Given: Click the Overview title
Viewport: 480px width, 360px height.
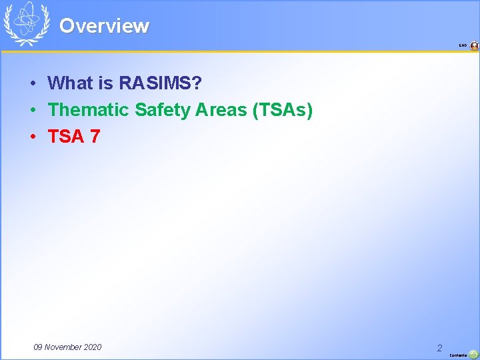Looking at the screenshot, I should (x=104, y=26).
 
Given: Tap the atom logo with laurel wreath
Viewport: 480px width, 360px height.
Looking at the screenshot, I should (x=27, y=23).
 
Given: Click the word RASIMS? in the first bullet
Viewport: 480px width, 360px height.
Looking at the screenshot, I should (x=161, y=83).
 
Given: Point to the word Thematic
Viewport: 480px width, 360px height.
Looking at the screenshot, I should (x=89, y=110).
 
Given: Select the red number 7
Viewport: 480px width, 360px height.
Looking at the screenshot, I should (x=95, y=137).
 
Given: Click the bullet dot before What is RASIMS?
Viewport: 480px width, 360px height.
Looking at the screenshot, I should (x=32, y=84).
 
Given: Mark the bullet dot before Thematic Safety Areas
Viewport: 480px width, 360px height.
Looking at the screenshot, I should (x=32, y=111).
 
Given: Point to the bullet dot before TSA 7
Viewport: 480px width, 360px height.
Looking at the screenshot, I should (x=32, y=137).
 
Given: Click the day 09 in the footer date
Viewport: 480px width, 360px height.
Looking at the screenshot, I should (x=39, y=347).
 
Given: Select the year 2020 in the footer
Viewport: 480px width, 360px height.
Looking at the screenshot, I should (x=93, y=347).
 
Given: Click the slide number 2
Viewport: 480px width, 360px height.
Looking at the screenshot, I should (x=439, y=348).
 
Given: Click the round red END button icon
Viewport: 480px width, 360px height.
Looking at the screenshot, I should (x=474, y=46).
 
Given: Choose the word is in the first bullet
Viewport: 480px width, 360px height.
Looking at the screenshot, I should (x=104, y=83).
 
